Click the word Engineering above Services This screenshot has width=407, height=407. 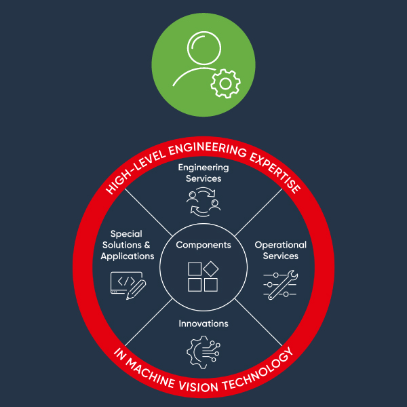pyautogui.click(x=203, y=168)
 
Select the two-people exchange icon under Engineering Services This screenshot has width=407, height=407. pyautogui.click(x=204, y=201)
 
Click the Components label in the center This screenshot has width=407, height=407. pyautogui.click(x=203, y=245)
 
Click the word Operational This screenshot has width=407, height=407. pyautogui.click(x=280, y=245)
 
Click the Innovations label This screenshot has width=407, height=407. pyautogui.click(x=203, y=324)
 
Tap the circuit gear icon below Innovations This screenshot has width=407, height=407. pyautogui.click(x=203, y=352)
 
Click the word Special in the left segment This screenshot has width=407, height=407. pyautogui.click(x=126, y=234)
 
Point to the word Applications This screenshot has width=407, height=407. pyautogui.click(x=128, y=256)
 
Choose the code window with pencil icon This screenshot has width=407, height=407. pyautogui.click(x=128, y=283)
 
